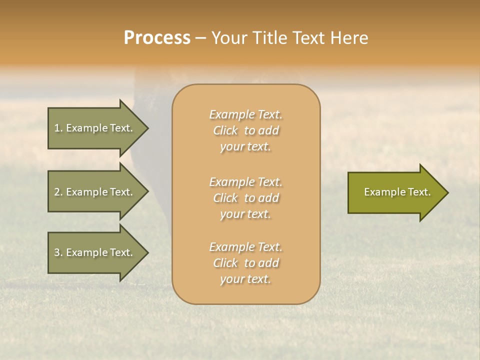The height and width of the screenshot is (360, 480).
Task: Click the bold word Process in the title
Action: [x=157, y=38]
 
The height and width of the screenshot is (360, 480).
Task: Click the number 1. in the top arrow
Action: [x=58, y=128]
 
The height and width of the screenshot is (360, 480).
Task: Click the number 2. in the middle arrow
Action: [x=58, y=192]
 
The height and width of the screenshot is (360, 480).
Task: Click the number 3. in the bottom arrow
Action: [x=58, y=253]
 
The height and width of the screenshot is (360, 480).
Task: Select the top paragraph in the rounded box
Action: [x=245, y=130]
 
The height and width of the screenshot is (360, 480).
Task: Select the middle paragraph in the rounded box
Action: [x=245, y=197]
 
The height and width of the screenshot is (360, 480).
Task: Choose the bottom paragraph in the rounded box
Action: [x=245, y=263]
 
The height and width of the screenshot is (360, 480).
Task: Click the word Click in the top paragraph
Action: [x=225, y=130]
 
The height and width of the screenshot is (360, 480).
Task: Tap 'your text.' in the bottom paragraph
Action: [x=245, y=279]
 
